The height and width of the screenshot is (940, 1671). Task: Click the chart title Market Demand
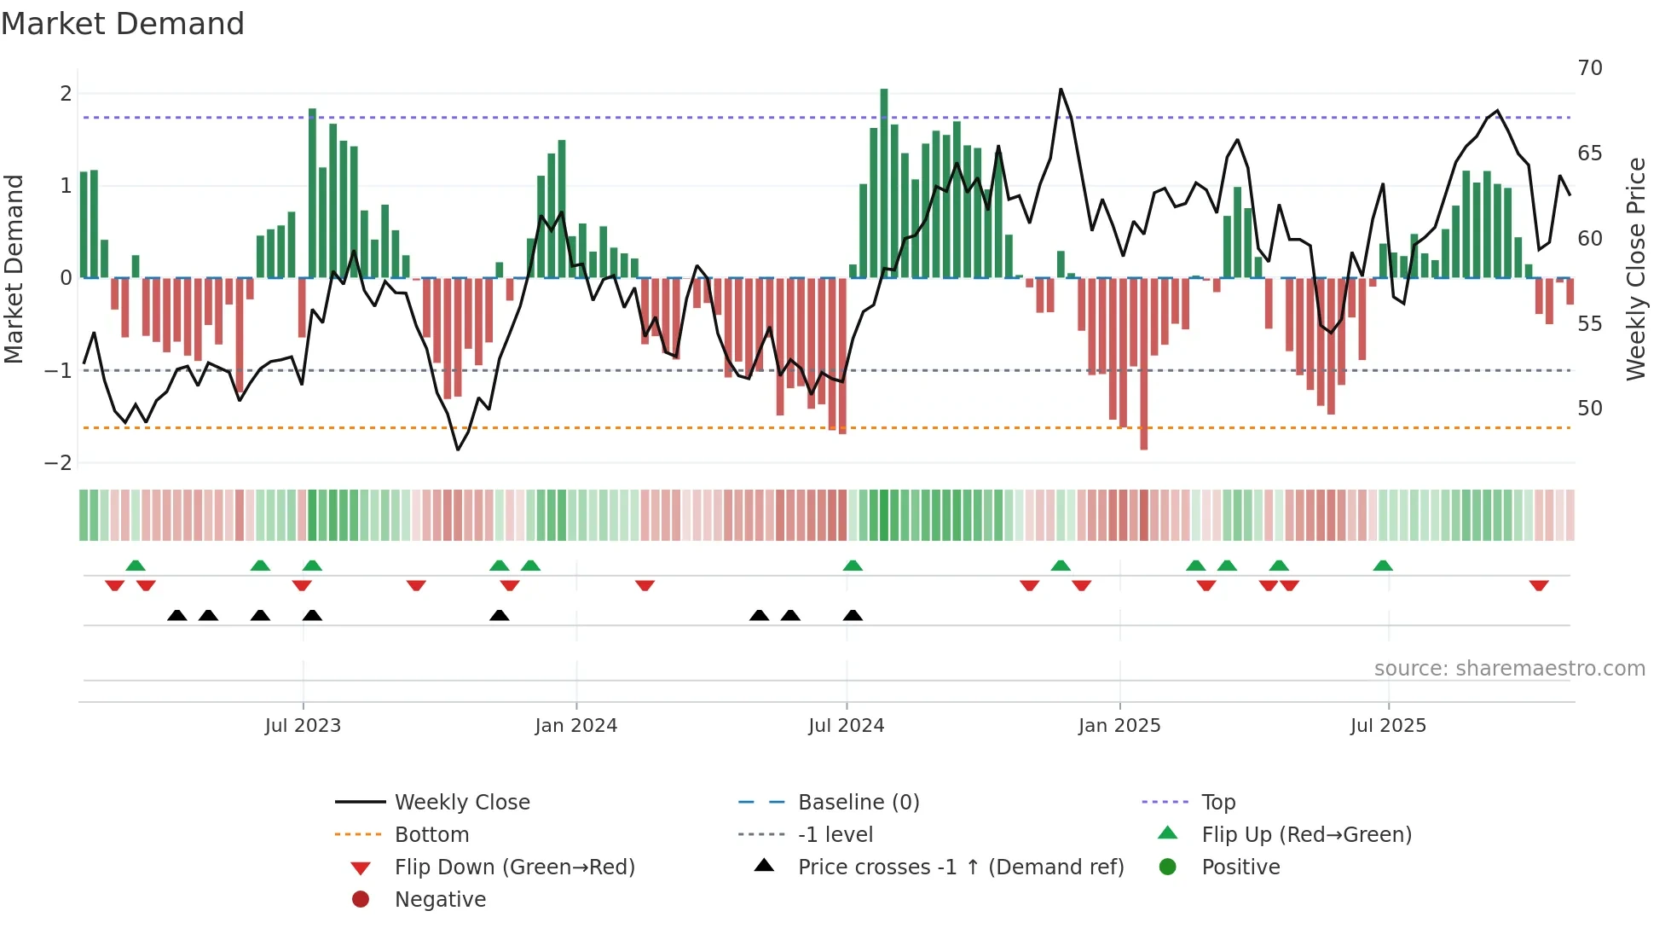123,24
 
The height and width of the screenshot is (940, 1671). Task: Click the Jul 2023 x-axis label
303,726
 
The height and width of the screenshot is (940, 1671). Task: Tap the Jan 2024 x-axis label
576,726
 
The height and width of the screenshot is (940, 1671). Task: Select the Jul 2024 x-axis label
847,726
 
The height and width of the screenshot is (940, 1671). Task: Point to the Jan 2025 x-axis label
1119,726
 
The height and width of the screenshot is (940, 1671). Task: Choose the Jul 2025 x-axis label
1388,726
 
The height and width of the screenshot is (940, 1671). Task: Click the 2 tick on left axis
66,94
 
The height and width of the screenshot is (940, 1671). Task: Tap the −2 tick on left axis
59,463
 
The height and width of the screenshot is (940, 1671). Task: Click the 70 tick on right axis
1590,68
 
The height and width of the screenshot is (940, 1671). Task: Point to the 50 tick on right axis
1590,409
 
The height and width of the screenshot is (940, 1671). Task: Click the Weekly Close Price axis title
1635,269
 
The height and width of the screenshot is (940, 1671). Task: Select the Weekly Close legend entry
462,803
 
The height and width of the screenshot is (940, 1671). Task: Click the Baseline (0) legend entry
859,803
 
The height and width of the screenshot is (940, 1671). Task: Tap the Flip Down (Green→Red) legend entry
514,867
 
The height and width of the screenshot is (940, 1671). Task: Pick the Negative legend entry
440,900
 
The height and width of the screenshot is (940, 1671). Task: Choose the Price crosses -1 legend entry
961,867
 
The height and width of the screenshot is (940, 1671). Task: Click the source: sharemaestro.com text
1509,669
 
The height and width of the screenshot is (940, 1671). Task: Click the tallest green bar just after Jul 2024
884,183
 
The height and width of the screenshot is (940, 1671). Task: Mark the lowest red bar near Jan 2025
1143,363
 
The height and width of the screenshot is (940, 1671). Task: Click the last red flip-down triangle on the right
1539,585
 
